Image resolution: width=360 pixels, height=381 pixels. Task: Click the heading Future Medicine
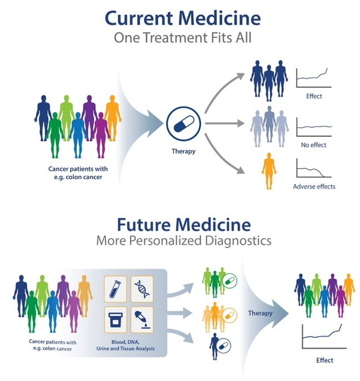point(183,225)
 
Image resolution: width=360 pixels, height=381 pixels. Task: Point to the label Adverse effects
point(314,186)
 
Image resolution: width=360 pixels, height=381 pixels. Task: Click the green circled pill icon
point(228,283)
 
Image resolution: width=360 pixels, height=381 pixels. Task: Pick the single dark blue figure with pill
point(213,346)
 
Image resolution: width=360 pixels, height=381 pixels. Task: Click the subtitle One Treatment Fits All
point(183,38)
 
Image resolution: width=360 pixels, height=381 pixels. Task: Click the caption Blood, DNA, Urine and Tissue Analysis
point(129,345)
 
